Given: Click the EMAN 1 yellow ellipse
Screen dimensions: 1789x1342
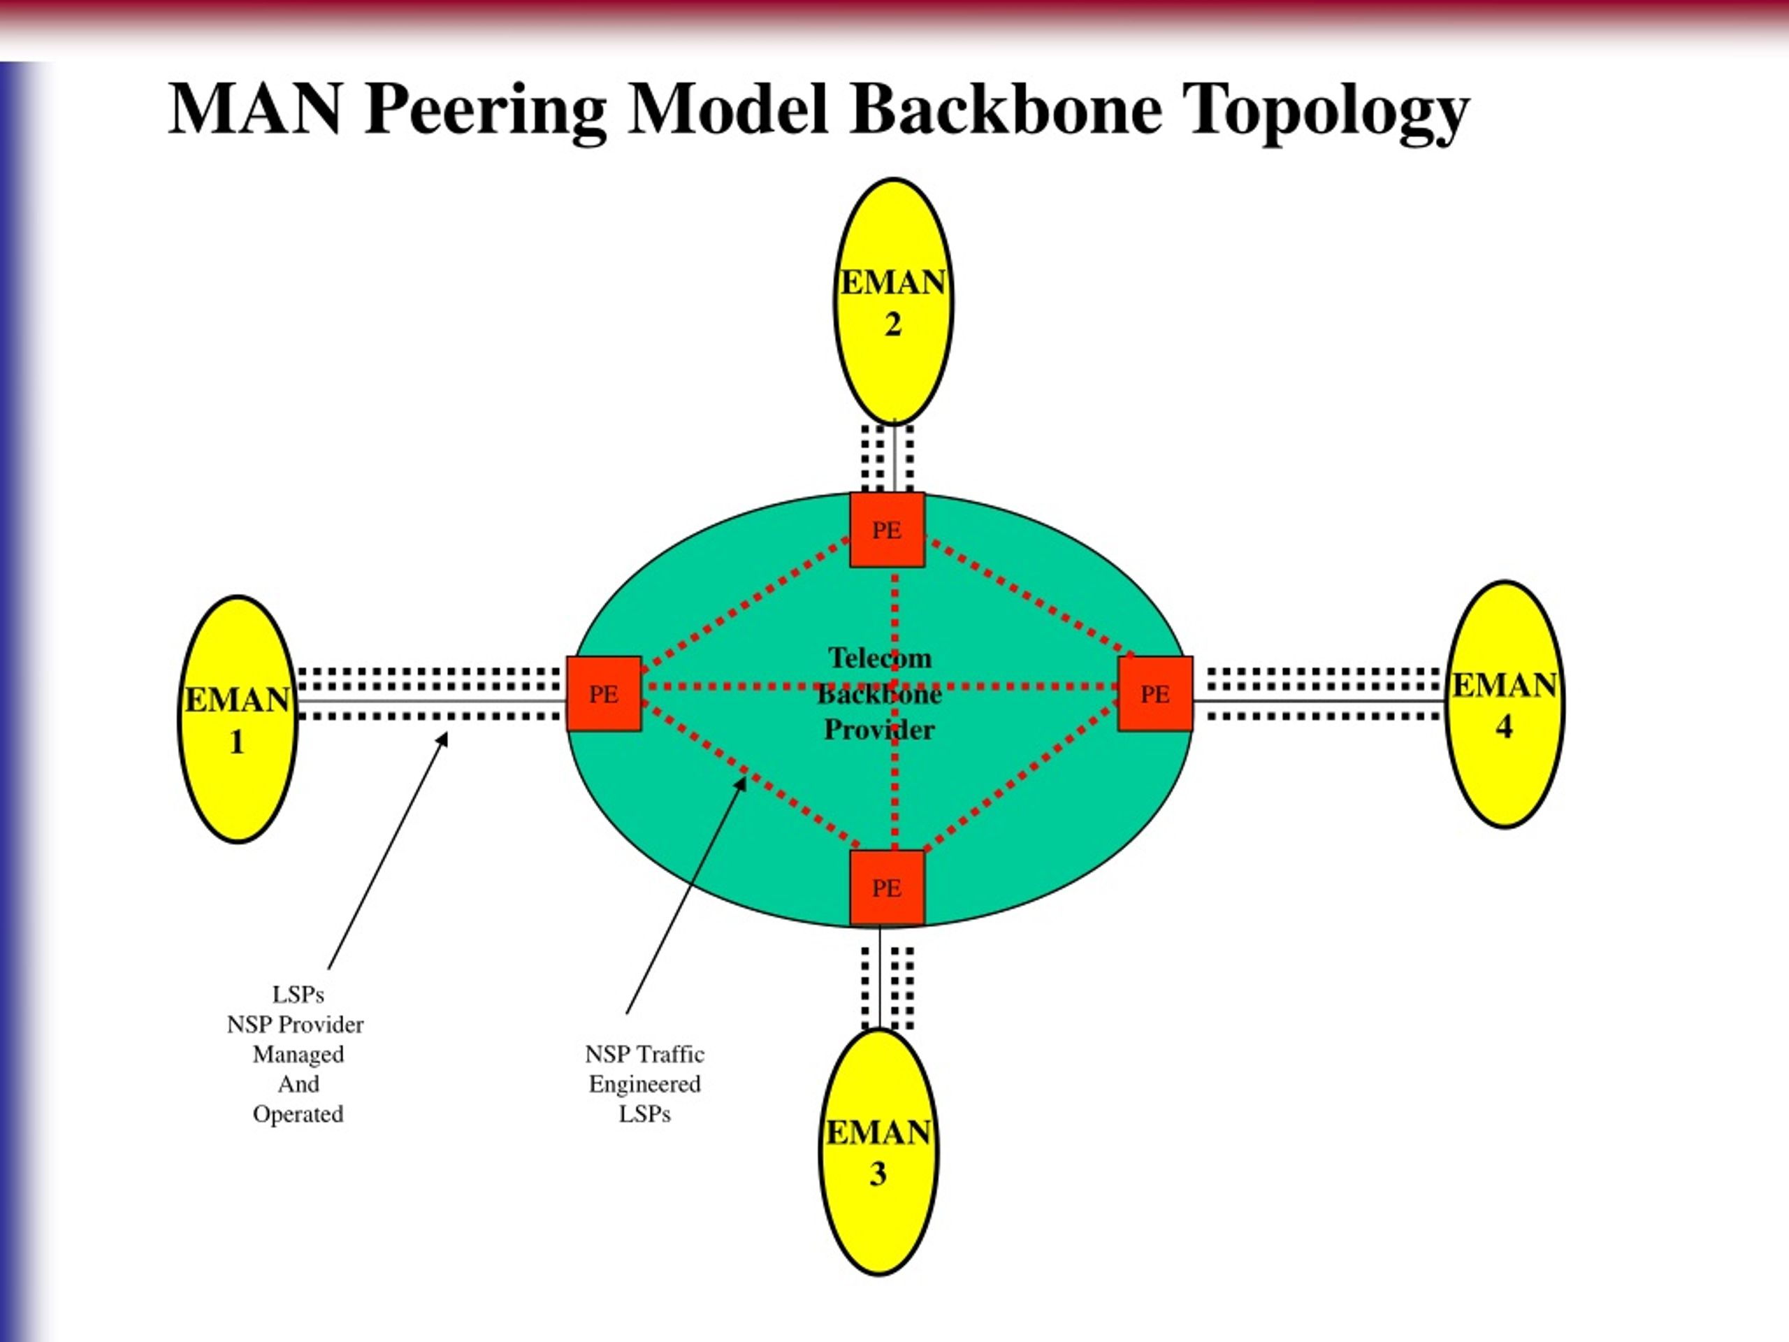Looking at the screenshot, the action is pos(238,719).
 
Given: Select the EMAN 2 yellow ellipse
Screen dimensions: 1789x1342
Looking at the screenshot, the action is pos(894,301).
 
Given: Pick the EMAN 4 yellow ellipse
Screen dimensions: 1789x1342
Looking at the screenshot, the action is pos(1505,704).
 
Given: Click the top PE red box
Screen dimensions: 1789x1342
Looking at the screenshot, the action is pos(888,530).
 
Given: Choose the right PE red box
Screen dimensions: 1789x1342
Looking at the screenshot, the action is pos(1155,694).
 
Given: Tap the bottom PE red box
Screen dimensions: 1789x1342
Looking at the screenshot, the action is pos(888,888).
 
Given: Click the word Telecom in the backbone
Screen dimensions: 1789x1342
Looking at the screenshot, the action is pos(880,658).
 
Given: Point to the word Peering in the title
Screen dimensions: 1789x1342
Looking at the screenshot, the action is pos(485,111).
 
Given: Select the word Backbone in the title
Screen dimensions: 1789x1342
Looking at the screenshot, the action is pos(1006,108).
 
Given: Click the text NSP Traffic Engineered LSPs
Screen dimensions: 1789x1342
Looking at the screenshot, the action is pos(644,1084).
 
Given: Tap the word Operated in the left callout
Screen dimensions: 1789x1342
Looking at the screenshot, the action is pos(298,1115).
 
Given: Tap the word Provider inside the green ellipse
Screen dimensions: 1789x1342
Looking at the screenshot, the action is pos(879,730).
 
